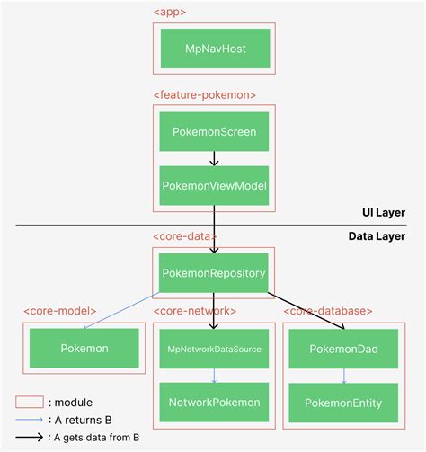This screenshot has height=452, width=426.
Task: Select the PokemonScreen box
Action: pyautogui.click(x=213, y=131)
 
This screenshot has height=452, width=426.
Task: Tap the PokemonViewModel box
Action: pyautogui.click(x=213, y=185)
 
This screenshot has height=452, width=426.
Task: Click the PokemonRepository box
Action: pyautogui.click(x=213, y=271)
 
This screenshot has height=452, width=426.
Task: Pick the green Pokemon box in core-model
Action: pyautogui.click(x=84, y=347)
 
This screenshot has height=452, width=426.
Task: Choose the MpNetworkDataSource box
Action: pyautogui.click(x=213, y=347)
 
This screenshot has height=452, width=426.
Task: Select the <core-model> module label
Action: pyautogui.click(x=61, y=311)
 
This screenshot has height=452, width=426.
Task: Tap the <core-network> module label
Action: pyautogui.click(x=195, y=311)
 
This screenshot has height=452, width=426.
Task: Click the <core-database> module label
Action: pyautogui.click(x=329, y=311)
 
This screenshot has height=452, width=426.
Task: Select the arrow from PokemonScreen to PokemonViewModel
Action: pyautogui.click(x=213, y=158)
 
